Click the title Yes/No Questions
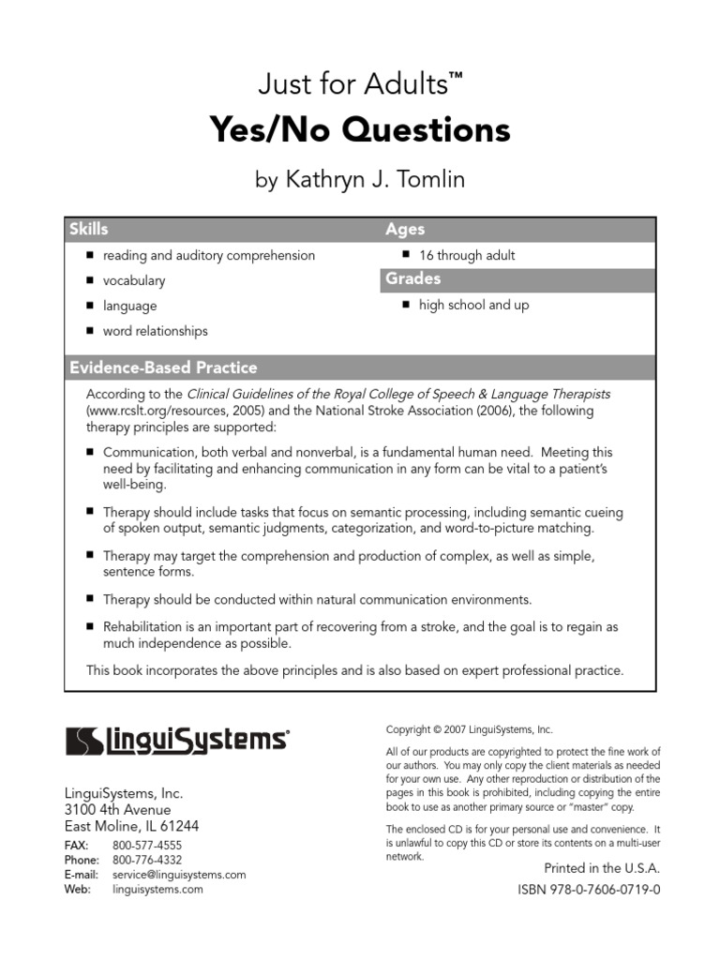360,130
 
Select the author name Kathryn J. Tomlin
360,180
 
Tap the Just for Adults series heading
360,86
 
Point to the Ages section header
405,230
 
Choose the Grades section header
412,279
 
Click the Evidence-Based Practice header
163,367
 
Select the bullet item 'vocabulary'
134,280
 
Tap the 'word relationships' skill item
156,331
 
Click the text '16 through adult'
467,255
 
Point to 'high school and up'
473,306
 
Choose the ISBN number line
589,889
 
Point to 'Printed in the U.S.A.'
602,868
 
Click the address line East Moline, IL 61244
131,826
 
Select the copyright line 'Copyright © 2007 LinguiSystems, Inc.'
470,729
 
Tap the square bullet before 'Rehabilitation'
91,625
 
